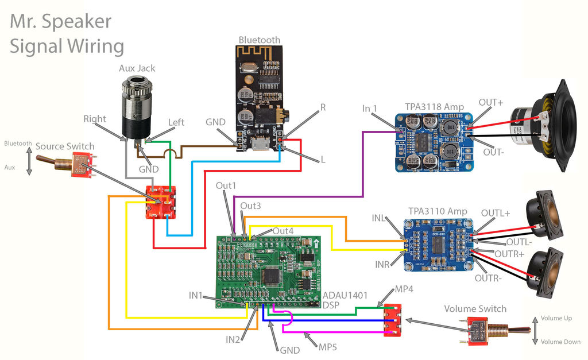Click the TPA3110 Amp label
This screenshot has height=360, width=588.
438,211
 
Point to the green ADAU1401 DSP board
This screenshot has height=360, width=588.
267,270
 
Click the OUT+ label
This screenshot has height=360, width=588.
490,103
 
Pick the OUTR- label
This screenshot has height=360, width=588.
488,278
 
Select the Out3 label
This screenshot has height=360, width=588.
250,206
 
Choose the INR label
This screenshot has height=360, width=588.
383,265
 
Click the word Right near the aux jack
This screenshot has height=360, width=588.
95,119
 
